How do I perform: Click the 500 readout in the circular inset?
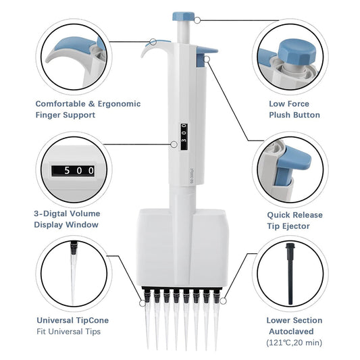74,171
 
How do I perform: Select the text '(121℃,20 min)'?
294,343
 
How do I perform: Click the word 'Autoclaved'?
294,332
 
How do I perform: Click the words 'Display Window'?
66,225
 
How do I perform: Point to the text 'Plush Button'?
293,115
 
